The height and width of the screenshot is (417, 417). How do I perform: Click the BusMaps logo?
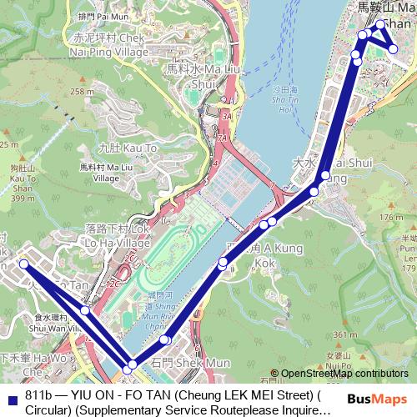pyautogui.click(x=377, y=399)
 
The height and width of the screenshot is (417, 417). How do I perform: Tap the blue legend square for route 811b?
pyautogui.click(x=12, y=399)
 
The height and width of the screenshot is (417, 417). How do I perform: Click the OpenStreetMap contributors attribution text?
pyautogui.click(x=344, y=374)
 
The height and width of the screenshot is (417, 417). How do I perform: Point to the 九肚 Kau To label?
pyautogui.click(x=128, y=148)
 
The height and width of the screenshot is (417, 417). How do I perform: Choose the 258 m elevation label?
pyautogui.click(x=82, y=92)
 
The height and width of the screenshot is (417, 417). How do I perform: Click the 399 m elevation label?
pyautogui.click(x=23, y=198)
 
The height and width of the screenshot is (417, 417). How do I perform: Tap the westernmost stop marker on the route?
pyautogui.click(x=23, y=264)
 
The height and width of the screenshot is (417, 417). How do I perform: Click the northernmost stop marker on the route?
pyautogui.click(x=380, y=24)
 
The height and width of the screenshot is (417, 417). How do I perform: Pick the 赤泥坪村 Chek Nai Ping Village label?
pyautogui.click(x=108, y=44)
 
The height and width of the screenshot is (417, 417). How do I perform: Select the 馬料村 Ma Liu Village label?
pyautogui.click(x=105, y=172)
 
